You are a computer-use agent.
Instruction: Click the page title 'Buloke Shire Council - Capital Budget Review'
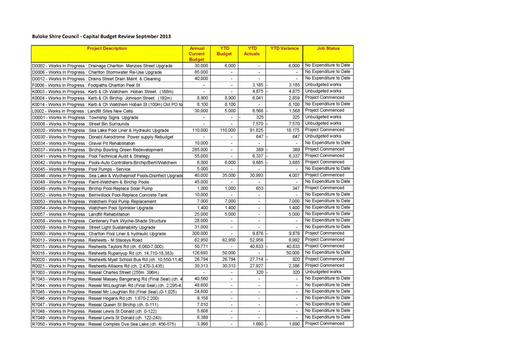coord(101,37)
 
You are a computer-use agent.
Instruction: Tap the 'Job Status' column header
coord(328,49)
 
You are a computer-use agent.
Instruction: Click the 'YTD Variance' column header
coord(285,49)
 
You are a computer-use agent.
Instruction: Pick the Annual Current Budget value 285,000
coord(200,149)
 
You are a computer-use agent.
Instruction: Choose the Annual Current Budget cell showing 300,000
coord(200,234)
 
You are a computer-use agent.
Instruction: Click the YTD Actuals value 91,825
coord(256,130)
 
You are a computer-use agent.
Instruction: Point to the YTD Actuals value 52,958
coord(256,240)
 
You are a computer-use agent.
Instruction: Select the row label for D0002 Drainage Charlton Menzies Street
coord(103,66)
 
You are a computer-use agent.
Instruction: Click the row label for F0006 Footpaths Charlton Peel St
coord(86,85)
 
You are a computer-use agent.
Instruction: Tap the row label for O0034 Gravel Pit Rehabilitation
coord(84,143)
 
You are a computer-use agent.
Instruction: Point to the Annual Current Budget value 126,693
coord(200,253)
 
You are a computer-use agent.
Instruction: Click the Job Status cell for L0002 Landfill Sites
coord(328,111)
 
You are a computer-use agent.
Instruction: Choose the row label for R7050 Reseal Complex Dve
coord(104,324)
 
